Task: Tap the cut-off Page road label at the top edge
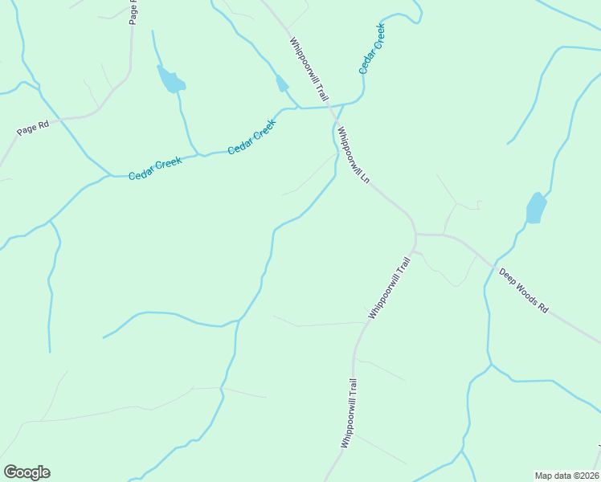click(x=133, y=11)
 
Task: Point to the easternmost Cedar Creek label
click(x=372, y=48)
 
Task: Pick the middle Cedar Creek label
click(x=251, y=137)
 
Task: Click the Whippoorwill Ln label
click(x=353, y=156)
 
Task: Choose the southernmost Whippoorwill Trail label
click(x=348, y=413)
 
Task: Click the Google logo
click(x=27, y=472)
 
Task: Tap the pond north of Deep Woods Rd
click(x=536, y=208)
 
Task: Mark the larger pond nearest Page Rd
click(x=171, y=80)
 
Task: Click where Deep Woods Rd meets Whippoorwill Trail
click(x=416, y=235)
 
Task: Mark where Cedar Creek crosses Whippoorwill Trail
click(x=332, y=106)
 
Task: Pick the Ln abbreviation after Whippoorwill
click(x=364, y=178)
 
